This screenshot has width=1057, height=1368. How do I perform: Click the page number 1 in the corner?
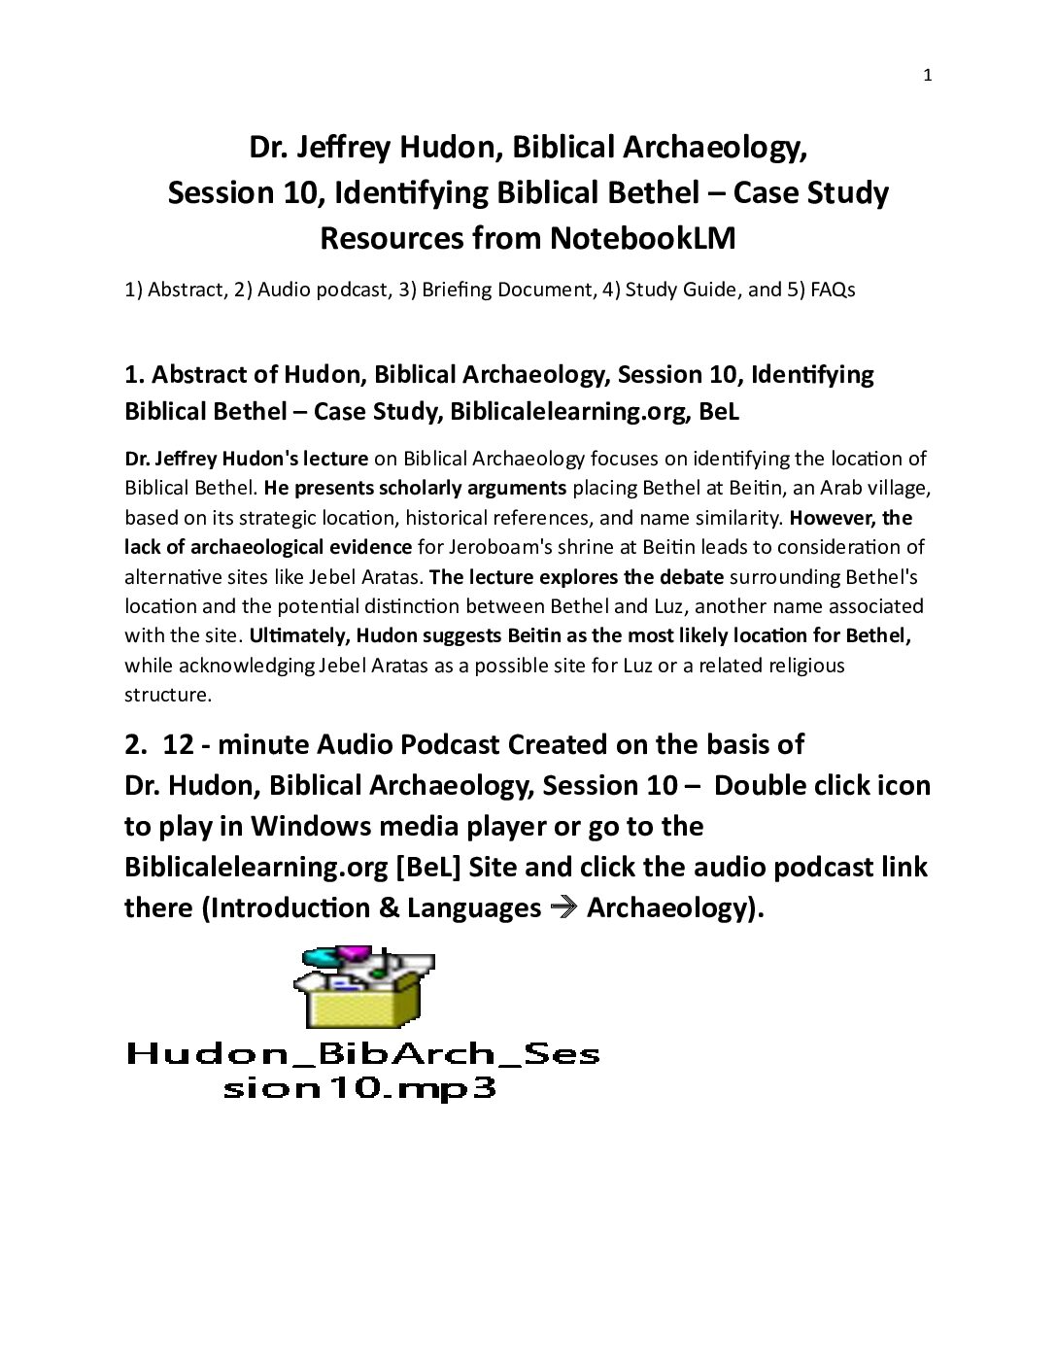click(927, 76)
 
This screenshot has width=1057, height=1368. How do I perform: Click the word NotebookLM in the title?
click(642, 238)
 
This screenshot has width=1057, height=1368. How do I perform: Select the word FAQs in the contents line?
click(833, 290)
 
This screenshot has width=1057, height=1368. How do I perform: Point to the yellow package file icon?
click(363, 988)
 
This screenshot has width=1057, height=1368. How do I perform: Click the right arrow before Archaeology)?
click(563, 908)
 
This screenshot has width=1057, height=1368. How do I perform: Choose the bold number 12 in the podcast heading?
click(179, 744)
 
